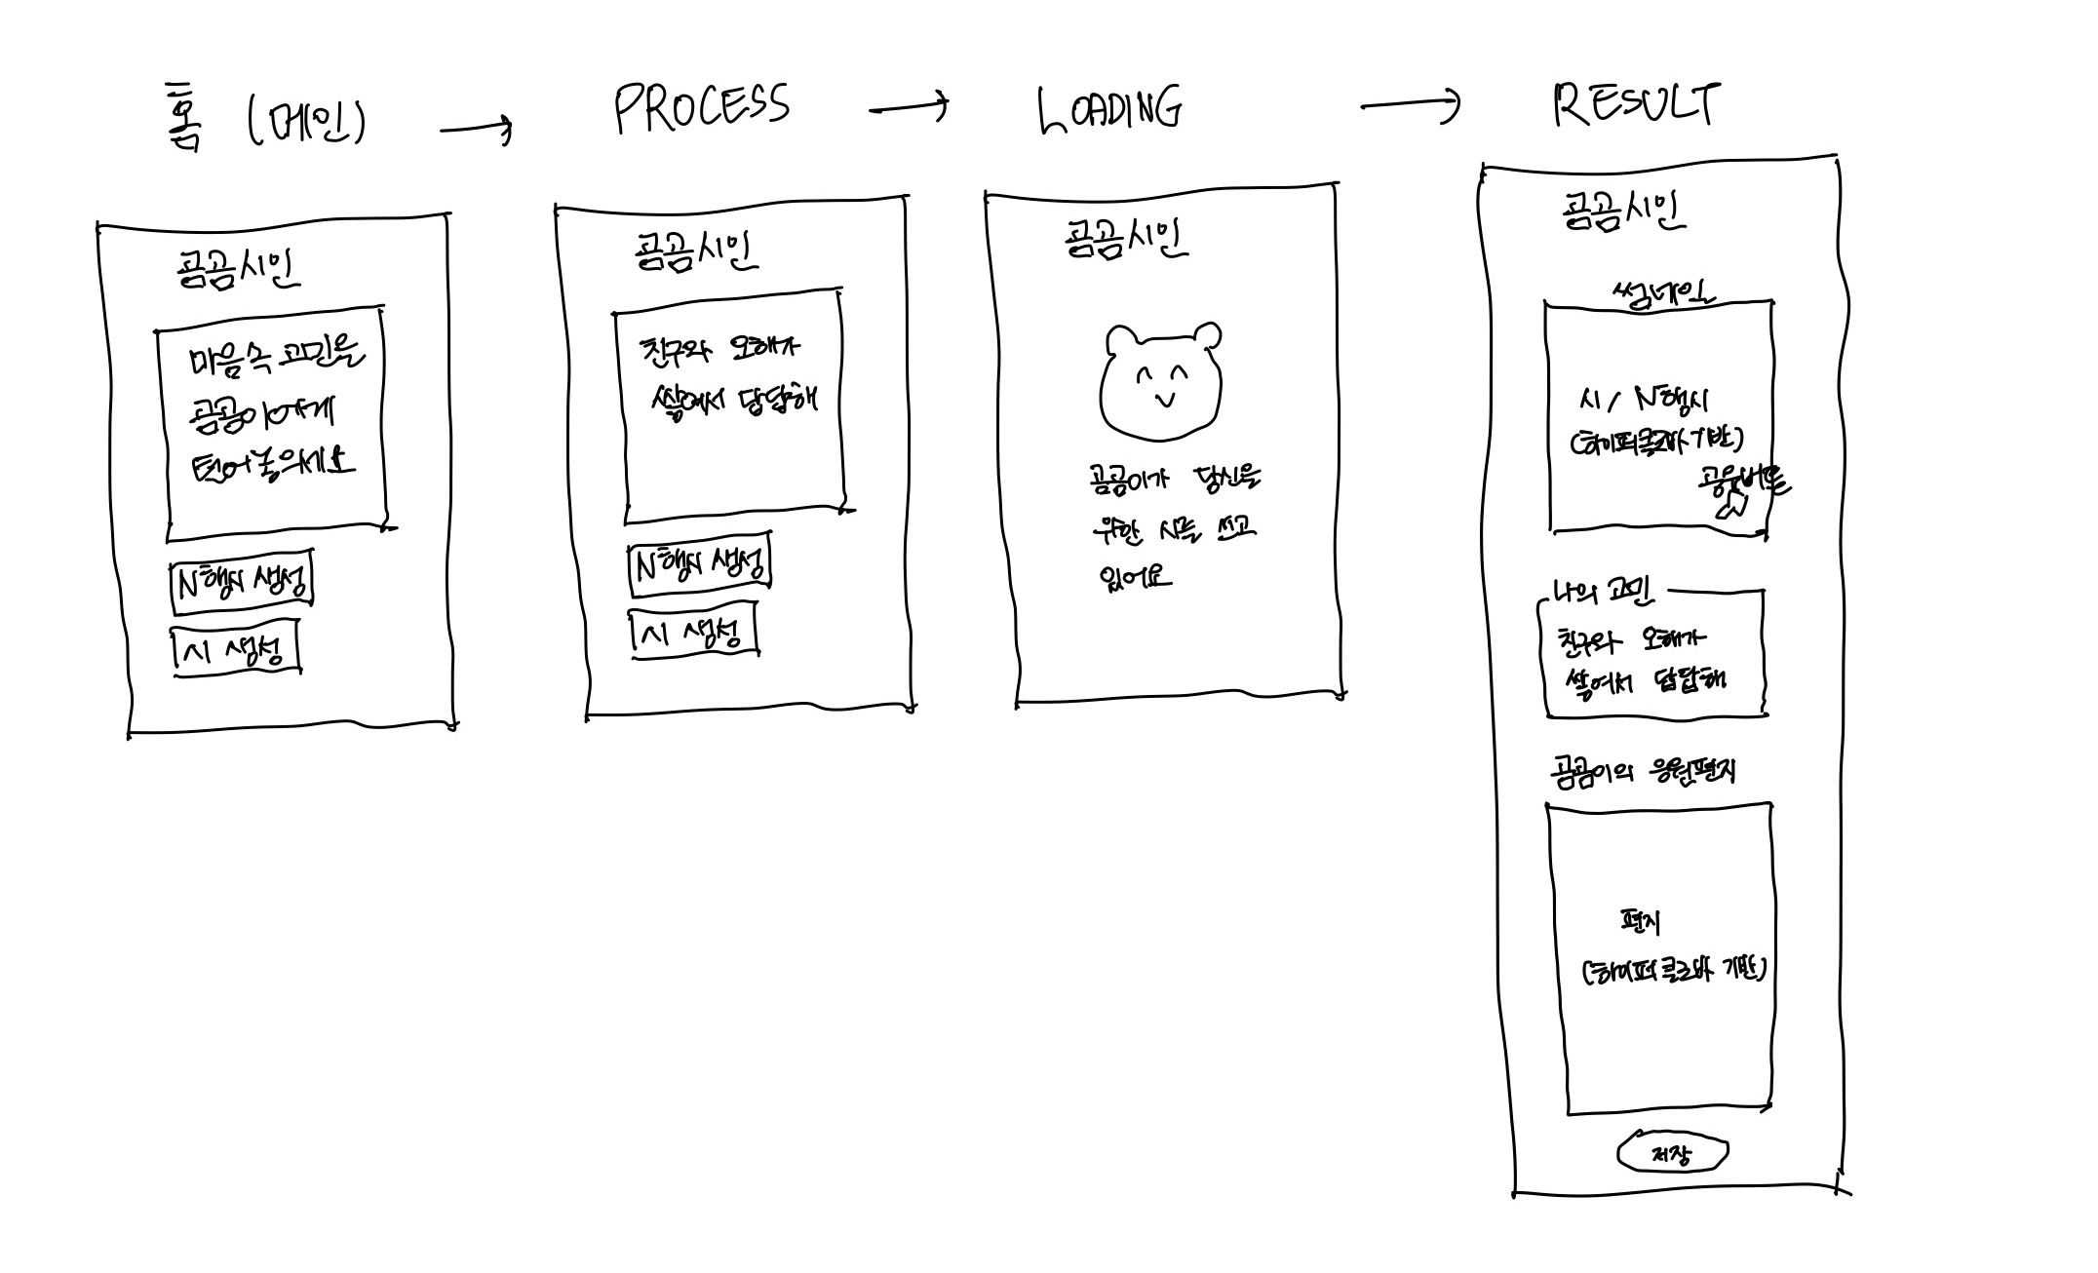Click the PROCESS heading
(x=702, y=107)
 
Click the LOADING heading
(x=1109, y=109)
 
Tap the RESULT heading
(x=1637, y=104)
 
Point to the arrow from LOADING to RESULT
(x=1410, y=104)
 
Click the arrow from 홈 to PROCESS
(x=476, y=128)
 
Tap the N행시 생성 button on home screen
(x=242, y=582)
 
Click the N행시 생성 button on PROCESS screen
(x=700, y=562)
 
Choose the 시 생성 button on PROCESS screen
(x=693, y=634)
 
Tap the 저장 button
(x=1672, y=1154)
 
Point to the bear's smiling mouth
(x=1163, y=400)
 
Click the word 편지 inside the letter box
(x=1640, y=921)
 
